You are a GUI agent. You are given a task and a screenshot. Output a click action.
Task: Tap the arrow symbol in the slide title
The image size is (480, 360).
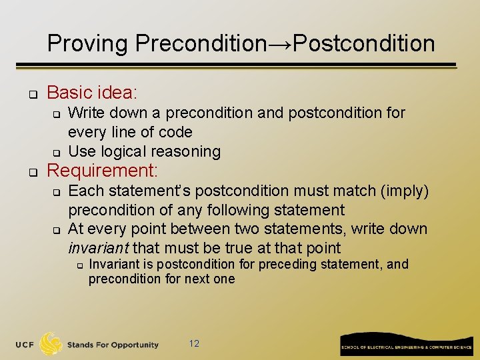point(280,44)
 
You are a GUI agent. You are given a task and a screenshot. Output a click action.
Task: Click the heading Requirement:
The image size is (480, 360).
point(102,171)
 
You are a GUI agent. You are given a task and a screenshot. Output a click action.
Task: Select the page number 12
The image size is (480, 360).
point(194,344)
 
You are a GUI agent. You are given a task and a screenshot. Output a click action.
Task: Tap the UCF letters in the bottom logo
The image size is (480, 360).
point(26,345)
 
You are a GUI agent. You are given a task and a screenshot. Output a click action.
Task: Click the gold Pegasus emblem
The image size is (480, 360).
point(51,344)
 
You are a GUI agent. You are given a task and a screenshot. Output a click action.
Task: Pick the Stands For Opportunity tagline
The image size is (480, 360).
point(113,345)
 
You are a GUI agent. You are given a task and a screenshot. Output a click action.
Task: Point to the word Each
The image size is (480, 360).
point(84,191)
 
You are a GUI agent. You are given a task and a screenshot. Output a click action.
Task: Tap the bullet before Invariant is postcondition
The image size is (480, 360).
point(78,265)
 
